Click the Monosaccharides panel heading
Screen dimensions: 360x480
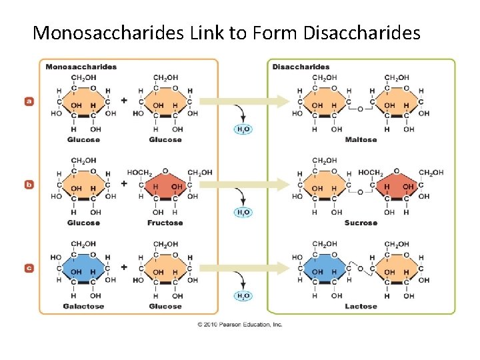(81, 67)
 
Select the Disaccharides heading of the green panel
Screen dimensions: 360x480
(301, 67)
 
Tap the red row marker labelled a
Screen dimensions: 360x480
(29, 101)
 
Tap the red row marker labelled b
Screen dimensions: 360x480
(29, 185)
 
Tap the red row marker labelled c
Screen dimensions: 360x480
(29, 268)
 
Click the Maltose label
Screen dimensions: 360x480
(361, 140)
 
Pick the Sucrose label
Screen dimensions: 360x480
(361, 223)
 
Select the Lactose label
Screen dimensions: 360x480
(361, 307)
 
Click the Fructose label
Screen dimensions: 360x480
(165, 223)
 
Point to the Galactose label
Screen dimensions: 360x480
(83, 307)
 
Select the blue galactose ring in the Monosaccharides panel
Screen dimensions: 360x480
(83, 271)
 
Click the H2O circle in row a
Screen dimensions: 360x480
(243, 129)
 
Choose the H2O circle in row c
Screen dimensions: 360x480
(243, 296)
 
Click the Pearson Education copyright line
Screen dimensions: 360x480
(239, 325)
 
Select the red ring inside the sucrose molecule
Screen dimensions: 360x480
(397, 189)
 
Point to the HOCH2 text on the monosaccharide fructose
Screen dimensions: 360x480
(139, 173)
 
